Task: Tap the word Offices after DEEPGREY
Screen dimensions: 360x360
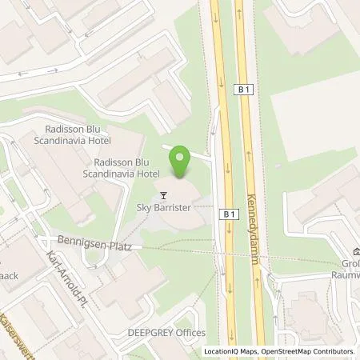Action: [190, 332]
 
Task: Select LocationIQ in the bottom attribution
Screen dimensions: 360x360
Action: [222, 351]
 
